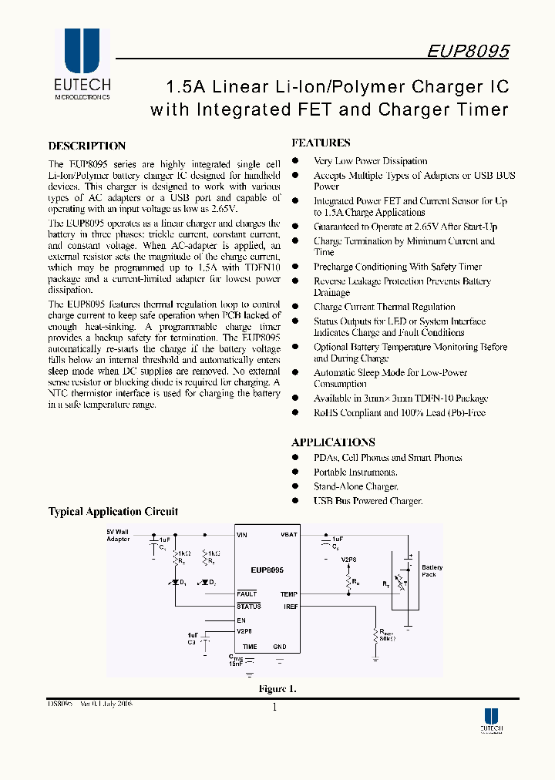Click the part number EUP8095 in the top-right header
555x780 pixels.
tap(468, 51)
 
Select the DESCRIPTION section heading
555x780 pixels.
tap(87, 146)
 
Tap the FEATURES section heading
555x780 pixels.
tap(321, 143)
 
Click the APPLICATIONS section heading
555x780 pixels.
tap(333, 442)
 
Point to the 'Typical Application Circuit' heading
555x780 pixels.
tap(113, 511)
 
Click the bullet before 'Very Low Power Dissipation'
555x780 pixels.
tap(295, 161)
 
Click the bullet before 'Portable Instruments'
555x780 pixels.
tap(295, 472)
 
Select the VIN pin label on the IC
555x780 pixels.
tap(243, 534)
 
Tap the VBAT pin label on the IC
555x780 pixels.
tap(288, 534)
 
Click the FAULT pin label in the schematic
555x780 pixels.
tap(247, 594)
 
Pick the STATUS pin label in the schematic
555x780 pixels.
tap(249, 607)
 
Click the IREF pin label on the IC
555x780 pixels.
tap(290, 607)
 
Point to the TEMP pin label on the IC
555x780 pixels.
tap(289, 594)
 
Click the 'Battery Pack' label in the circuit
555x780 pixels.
tap(432, 571)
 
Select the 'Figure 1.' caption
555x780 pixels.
tap(277, 689)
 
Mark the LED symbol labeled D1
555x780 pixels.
tap(176, 581)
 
